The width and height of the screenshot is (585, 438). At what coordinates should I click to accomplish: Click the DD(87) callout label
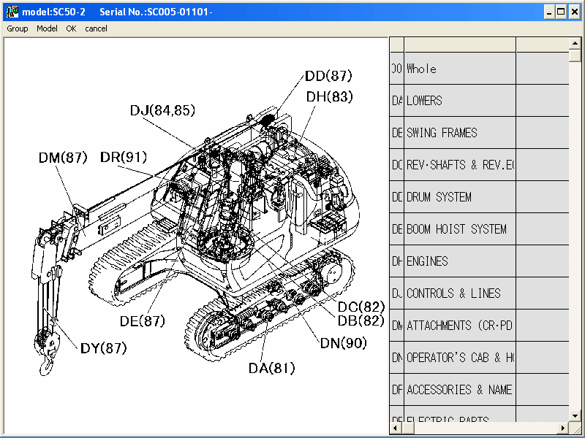point(328,76)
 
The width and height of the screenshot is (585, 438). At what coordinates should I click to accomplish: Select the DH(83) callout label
point(329,96)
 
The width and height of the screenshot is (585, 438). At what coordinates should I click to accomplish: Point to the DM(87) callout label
point(63,158)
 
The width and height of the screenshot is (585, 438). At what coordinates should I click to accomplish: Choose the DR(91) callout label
point(124,158)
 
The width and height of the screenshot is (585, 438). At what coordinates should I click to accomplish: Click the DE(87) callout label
point(142,320)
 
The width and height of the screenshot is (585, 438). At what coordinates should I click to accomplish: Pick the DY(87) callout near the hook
point(104,348)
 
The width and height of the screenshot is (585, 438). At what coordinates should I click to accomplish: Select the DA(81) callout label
point(271,368)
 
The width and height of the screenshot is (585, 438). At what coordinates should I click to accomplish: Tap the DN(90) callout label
point(344,343)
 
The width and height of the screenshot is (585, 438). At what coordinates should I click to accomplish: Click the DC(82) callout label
point(361,307)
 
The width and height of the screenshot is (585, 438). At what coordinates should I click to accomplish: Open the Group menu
point(18,28)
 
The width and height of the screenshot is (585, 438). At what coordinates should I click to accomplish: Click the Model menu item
point(47,28)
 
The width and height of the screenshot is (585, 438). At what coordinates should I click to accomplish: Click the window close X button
point(575,12)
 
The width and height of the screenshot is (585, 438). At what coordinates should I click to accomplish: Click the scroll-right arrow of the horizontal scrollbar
point(563,427)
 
